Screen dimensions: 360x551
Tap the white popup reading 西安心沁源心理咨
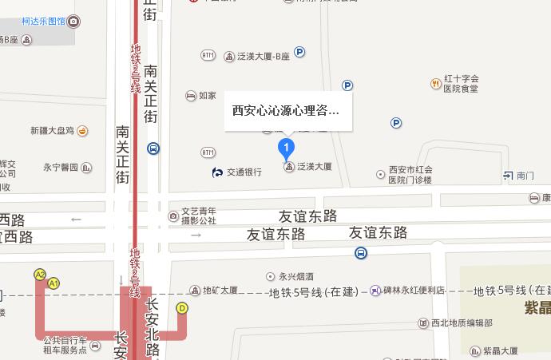tap(286, 111)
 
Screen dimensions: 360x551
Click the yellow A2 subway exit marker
tap(40, 275)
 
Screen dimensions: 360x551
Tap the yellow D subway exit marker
tap(182, 308)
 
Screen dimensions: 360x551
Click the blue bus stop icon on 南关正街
tap(153, 148)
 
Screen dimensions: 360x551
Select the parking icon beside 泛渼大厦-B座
tap(300, 53)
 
